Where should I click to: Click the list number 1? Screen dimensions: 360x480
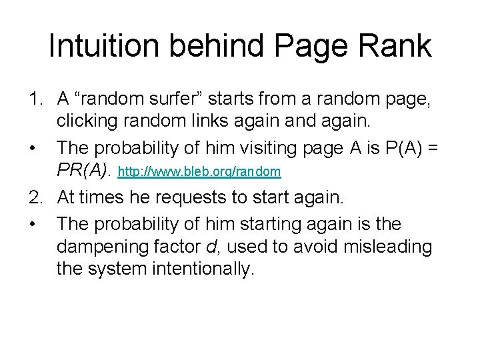(35, 100)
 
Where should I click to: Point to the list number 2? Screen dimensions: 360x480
(35, 197)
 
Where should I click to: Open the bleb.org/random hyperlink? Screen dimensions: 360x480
(199, 172)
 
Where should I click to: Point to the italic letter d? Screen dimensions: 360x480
(211, 247)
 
